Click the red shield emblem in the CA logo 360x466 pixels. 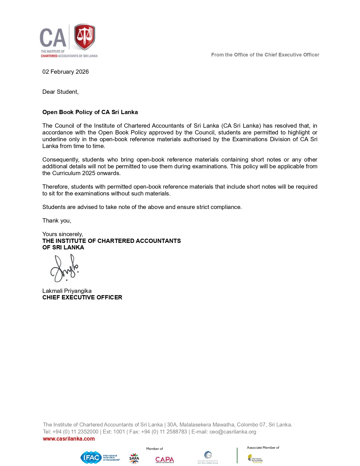click(84, 36)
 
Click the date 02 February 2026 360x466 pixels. click(66, 72)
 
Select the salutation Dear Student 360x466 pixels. click(60, 92)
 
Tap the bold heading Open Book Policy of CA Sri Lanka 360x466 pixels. click(90, 112)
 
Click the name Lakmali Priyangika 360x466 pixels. click(67, 291)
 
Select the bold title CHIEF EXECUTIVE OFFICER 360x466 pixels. click(82, 297)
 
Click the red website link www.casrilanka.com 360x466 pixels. click(69, 439)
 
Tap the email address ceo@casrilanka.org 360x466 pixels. click(233, 432)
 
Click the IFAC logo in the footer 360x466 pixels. click(91, 457)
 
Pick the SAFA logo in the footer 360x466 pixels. click(134, 458)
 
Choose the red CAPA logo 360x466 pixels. click(165, 460)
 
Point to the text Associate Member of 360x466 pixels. click(263, 448)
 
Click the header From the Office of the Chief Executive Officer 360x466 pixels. click(265, 55)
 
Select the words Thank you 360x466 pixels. click(57, 221)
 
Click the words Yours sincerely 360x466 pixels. click(63, 234)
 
